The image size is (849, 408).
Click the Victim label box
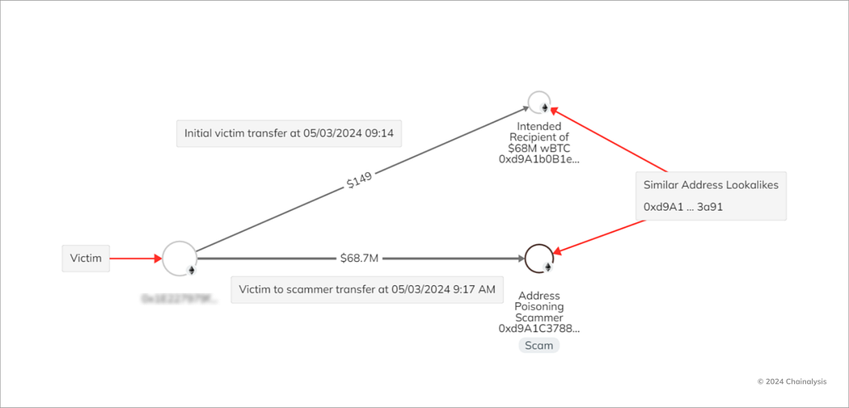(x=86, y=259)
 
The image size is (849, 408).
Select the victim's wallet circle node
(x=179, y=258)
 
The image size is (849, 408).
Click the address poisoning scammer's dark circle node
(x=539, y=259)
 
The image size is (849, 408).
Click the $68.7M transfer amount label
(x=359, y=259)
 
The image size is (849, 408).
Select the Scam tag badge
(x=539, y=345)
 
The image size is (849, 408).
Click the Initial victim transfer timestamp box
(x=289, y=133)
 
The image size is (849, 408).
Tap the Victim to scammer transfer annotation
(x=366, y=289)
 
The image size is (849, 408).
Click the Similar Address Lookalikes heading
(x=711, y=185)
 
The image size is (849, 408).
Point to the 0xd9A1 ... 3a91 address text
(x=682, y=207)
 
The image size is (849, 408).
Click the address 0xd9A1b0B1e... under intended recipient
(x=539, y=160)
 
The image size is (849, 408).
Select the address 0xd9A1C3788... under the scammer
(x=539, y=329)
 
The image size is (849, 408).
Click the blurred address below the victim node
(x=179, y=299)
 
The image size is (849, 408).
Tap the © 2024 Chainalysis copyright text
(x=792, y=381)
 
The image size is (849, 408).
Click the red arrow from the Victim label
(x=136, y=259)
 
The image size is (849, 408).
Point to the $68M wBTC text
(x=539, y=149)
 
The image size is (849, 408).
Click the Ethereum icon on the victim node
(x=192, y=270)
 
